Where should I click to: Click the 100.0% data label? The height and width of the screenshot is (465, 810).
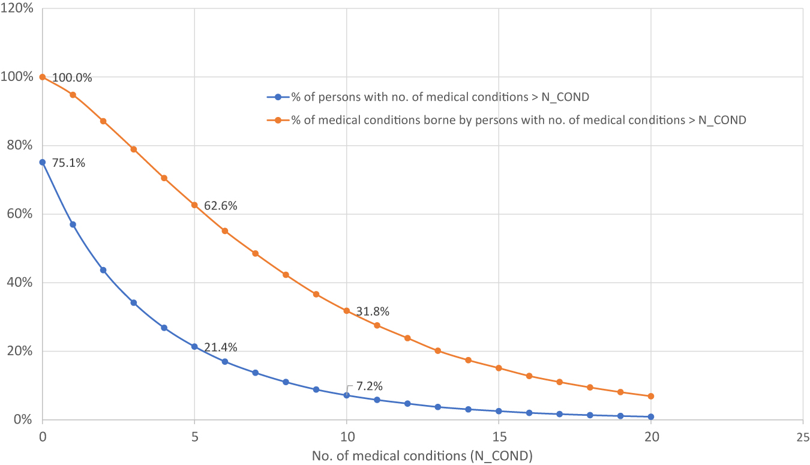[72, 78]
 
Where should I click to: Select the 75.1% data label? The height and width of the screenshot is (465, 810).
[68, 163]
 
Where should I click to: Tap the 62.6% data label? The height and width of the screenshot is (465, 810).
[220, 206]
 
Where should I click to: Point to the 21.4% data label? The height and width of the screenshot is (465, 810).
[220, 347]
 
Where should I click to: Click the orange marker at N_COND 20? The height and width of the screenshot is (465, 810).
[650, 396]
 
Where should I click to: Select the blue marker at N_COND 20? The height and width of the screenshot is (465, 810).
[650, 416]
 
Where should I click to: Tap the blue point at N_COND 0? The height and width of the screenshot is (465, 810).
[42, 162]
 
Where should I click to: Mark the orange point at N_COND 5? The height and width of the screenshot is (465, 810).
[194, 205]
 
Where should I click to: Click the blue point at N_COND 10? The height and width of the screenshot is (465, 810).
[346, 395]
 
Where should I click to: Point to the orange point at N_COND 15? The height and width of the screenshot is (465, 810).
[499, 368]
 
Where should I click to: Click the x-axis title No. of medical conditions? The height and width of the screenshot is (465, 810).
[422, 455]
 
